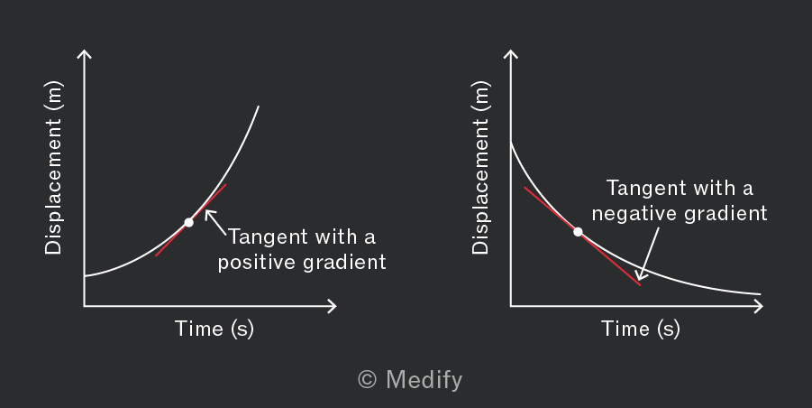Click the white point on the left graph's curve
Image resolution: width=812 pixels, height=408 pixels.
189,222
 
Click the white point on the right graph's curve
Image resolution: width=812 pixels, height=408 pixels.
578,232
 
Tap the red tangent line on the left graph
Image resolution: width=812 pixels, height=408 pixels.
190,220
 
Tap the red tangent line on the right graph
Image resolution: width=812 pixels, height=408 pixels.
582,236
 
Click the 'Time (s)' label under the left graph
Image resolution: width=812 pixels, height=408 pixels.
214,329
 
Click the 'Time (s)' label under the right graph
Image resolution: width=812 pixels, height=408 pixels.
641,329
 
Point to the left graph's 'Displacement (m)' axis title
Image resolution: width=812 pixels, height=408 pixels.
53,168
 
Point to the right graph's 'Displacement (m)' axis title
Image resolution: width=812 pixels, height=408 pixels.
480,168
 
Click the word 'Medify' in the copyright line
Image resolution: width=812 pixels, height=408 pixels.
424,380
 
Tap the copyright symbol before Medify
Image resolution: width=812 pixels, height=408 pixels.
367,379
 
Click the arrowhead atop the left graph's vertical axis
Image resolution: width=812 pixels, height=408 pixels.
85,53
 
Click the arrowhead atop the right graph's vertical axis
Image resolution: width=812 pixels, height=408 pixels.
511,53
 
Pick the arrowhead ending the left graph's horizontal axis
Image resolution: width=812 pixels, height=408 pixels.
333,306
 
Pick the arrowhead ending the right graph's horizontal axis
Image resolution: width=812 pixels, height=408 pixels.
759,306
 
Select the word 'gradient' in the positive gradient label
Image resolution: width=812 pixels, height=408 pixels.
344,263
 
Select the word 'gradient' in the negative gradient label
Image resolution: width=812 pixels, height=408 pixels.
726,214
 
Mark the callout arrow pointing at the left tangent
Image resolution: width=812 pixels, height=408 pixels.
215,222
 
